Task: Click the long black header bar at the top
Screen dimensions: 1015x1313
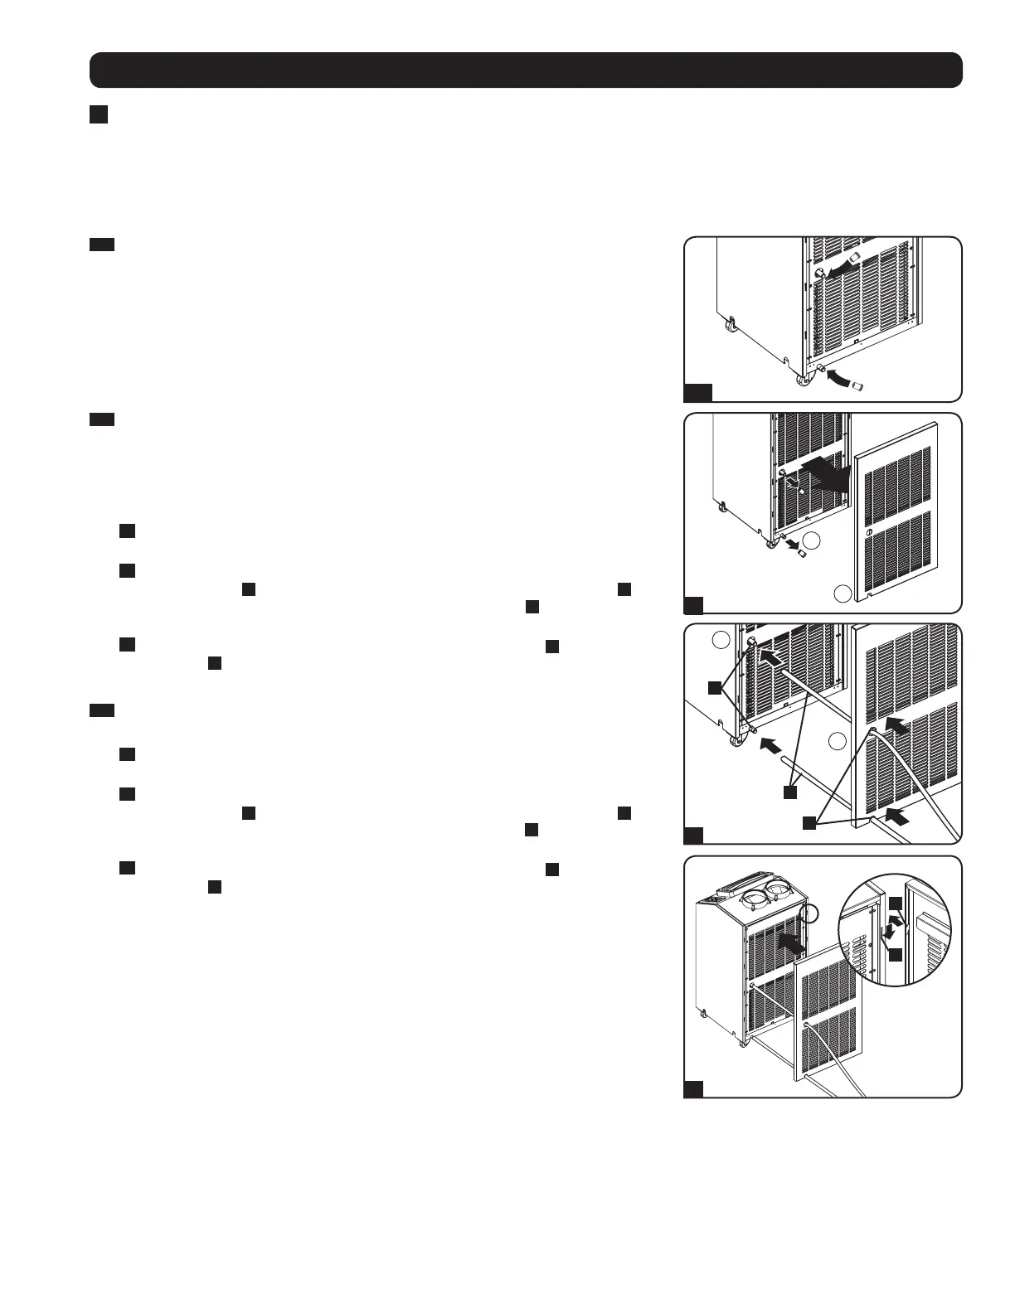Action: tap(526, 70)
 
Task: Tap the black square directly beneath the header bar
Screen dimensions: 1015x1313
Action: tap(99, 114)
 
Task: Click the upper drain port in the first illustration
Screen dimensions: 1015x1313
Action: tap(818, 274)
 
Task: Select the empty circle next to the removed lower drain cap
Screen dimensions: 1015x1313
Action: tap(813, 540)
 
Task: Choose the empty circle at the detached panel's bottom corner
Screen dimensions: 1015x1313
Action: tap(843, 593)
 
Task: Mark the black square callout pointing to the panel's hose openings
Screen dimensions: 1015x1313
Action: tap(809, 822)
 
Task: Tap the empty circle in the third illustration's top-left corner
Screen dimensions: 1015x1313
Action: tap(721, 640)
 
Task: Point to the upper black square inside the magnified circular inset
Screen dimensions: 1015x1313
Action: tap(896, 902)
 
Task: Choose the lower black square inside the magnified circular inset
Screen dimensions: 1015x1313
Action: tap(896, 955)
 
